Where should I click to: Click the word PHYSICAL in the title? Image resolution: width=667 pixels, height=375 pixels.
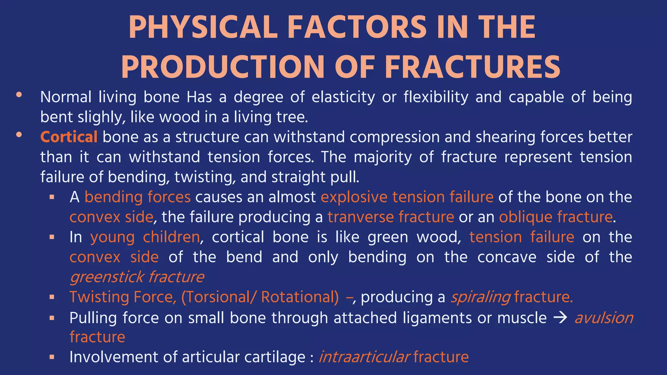(203, 27)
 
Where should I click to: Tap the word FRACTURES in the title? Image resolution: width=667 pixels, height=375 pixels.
(472, 67)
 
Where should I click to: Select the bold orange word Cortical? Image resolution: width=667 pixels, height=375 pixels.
(69, 137)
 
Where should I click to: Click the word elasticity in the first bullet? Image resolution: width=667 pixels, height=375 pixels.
(343, 97)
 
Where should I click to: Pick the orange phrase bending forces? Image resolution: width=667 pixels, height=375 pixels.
(137, 197)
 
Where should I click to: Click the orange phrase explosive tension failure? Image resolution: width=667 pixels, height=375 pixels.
(407, 197)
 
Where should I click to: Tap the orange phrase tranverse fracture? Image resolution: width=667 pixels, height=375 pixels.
(390, 217)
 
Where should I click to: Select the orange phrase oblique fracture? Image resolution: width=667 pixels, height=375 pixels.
(556, 217)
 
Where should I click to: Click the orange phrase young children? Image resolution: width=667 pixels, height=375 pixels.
(145, 237)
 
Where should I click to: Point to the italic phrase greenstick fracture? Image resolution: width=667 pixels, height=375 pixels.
(137, 277)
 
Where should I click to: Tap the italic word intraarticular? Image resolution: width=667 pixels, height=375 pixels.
(364, 357)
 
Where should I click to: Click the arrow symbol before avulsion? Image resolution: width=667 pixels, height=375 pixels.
(560, 318)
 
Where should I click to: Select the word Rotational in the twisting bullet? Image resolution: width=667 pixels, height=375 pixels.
(300, 297)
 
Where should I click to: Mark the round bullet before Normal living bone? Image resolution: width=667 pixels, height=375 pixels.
(19, 95)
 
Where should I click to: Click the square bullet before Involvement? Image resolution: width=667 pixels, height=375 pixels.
(52, 357)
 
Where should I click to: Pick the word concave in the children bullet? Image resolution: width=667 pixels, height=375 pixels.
(506, 257)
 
